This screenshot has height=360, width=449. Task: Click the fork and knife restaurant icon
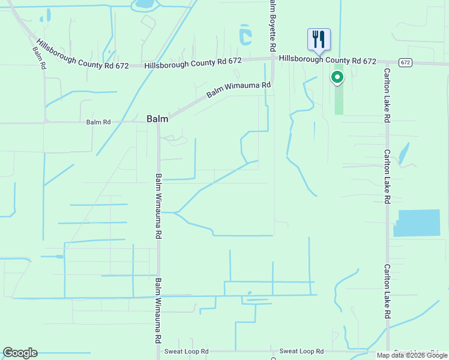[x=319, y=40]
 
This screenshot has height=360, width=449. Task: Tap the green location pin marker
[x=337, y=77]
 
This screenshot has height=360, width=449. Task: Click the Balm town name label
[x=157, y=119]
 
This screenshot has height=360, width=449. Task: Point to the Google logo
[x=20, y=353]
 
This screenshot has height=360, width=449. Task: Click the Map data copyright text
[x=412, y=355]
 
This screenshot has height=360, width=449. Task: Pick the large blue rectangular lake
[x=420, y=223]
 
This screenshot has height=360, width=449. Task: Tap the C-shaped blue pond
[x=244, y=35]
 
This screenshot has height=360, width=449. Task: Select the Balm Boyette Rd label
[x=272, y=25]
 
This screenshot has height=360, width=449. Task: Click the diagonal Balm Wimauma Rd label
[x=238, y=91]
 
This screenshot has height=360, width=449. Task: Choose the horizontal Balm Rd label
[x=98, y=122]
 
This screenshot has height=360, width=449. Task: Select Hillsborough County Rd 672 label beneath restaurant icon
[x=327, y=61]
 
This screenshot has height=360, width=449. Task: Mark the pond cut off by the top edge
[x=144, y=4]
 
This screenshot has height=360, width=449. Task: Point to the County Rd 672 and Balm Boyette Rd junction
[x=273, y=58]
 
